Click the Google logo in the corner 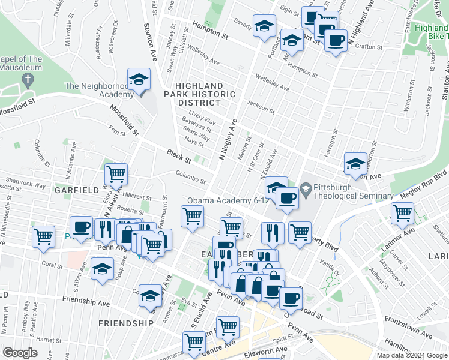point(20,353)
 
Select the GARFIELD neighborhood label point(77,190)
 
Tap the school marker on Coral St point(103,268)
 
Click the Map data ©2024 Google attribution point(412,355)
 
